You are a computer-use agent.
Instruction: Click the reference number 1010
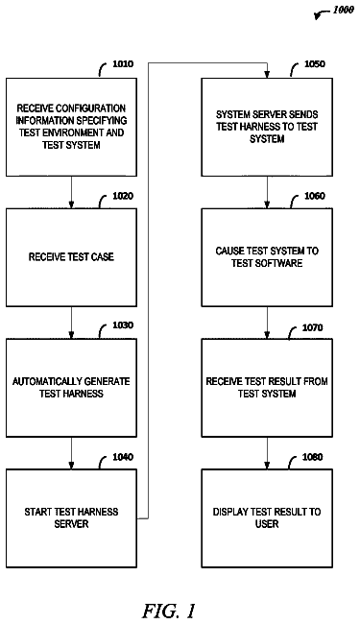[x=123, y=64]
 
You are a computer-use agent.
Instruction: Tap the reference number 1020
[x=123, y=196]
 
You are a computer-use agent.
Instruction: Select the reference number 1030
[x=123, y=325]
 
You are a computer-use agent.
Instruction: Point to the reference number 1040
[x=123, y=457]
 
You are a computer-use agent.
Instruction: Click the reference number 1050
[x=315, y=64]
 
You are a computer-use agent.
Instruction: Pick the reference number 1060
[x=315, y=196]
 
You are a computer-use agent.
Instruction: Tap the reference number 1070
[x=313, y=327]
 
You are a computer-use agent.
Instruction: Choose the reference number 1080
[x=313, y=457]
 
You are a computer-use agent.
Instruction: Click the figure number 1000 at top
[x=344, y=10]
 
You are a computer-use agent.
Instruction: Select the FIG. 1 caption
[x=169, y=610]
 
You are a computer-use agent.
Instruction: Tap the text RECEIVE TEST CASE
[x=71, y=257]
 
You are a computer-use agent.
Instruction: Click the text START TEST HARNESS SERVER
[x=71, y=517]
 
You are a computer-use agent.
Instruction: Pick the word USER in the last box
[x=267, y=524]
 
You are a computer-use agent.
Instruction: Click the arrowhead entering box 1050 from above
[x=267, y=75]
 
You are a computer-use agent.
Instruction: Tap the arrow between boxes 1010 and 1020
[x=72, y=192]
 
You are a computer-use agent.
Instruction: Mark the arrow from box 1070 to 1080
[x=267, y=453]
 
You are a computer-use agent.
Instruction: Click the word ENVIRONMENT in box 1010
[x=70, y=132]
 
